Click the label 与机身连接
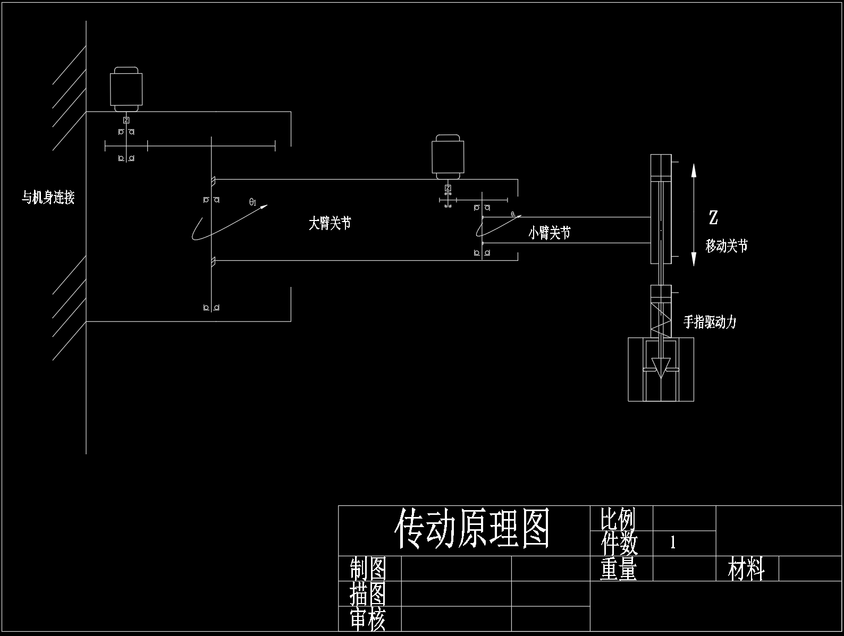click(48, 198)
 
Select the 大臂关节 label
click(330, 224)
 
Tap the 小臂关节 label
click(549, 233)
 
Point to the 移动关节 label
click(727, 246)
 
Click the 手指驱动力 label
click(710, 322)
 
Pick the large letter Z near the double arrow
click(713, 217)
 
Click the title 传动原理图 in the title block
click(471, 529)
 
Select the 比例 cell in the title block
click(618, 519)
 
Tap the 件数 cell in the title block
click(619, 543)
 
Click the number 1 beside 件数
click(673, 542)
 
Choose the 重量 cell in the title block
click(618, 569)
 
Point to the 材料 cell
click(746, 569)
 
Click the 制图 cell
click(368, 569)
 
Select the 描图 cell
click(368, 594)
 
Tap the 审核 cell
click(368, 620)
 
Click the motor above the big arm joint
click(126, 89)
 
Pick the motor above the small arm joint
click(448, 157)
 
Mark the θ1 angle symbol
click(253, 202)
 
